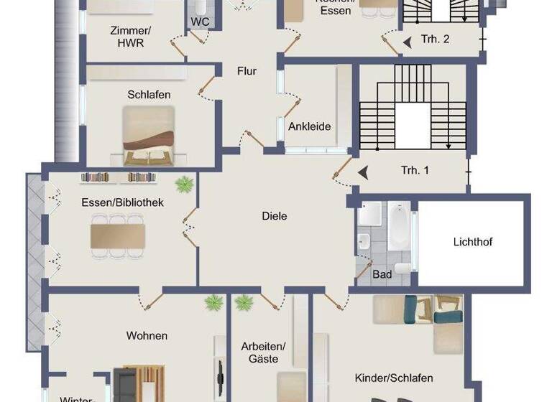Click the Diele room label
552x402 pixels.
275,215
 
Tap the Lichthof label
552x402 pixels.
473,242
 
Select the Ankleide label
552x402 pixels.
309,126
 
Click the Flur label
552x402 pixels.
247,71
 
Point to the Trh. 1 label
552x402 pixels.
415,171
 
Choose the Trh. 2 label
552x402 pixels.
436,39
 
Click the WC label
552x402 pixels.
200,22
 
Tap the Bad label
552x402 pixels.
382,274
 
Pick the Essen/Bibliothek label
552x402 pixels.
122,202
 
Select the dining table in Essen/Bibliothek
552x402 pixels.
118,236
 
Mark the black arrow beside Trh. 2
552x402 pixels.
408,43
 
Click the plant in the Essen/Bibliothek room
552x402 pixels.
184,184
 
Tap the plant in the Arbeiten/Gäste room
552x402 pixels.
244,301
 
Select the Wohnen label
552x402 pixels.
147,335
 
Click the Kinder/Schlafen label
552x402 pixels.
394,378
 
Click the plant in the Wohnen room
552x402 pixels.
213,302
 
